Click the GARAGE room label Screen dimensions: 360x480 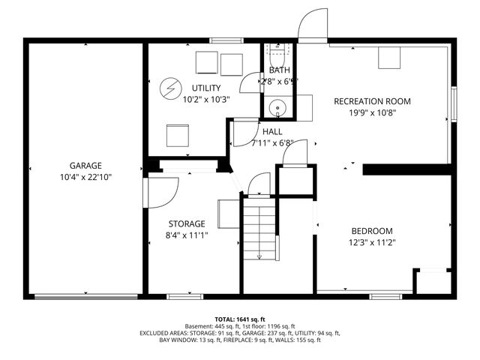coord(85,166)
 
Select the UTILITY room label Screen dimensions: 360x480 coord(205,88)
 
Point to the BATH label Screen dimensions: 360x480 coord(279,70)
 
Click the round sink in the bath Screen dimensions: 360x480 coord(278,108)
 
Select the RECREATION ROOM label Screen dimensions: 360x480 coord(372,101)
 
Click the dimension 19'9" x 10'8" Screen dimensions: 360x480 coord(372,112)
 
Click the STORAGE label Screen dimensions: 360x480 coord(186,223)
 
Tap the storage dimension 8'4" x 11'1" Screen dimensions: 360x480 coord(186,235)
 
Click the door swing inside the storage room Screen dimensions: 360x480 coord(161,190)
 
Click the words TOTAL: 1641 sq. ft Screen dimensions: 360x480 coord(240,319)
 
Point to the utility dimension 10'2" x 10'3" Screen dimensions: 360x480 coord(205,98)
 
